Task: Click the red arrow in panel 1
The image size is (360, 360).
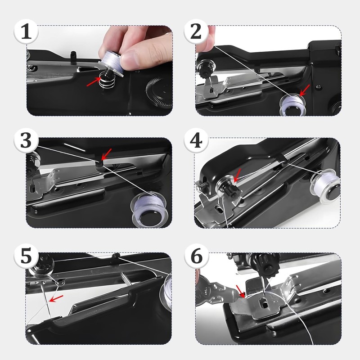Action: coord(93,81)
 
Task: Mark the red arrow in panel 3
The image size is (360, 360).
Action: coord(106,154)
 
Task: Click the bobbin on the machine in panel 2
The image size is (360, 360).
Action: coord(291,105)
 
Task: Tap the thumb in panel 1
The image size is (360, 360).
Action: coord(135,57)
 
